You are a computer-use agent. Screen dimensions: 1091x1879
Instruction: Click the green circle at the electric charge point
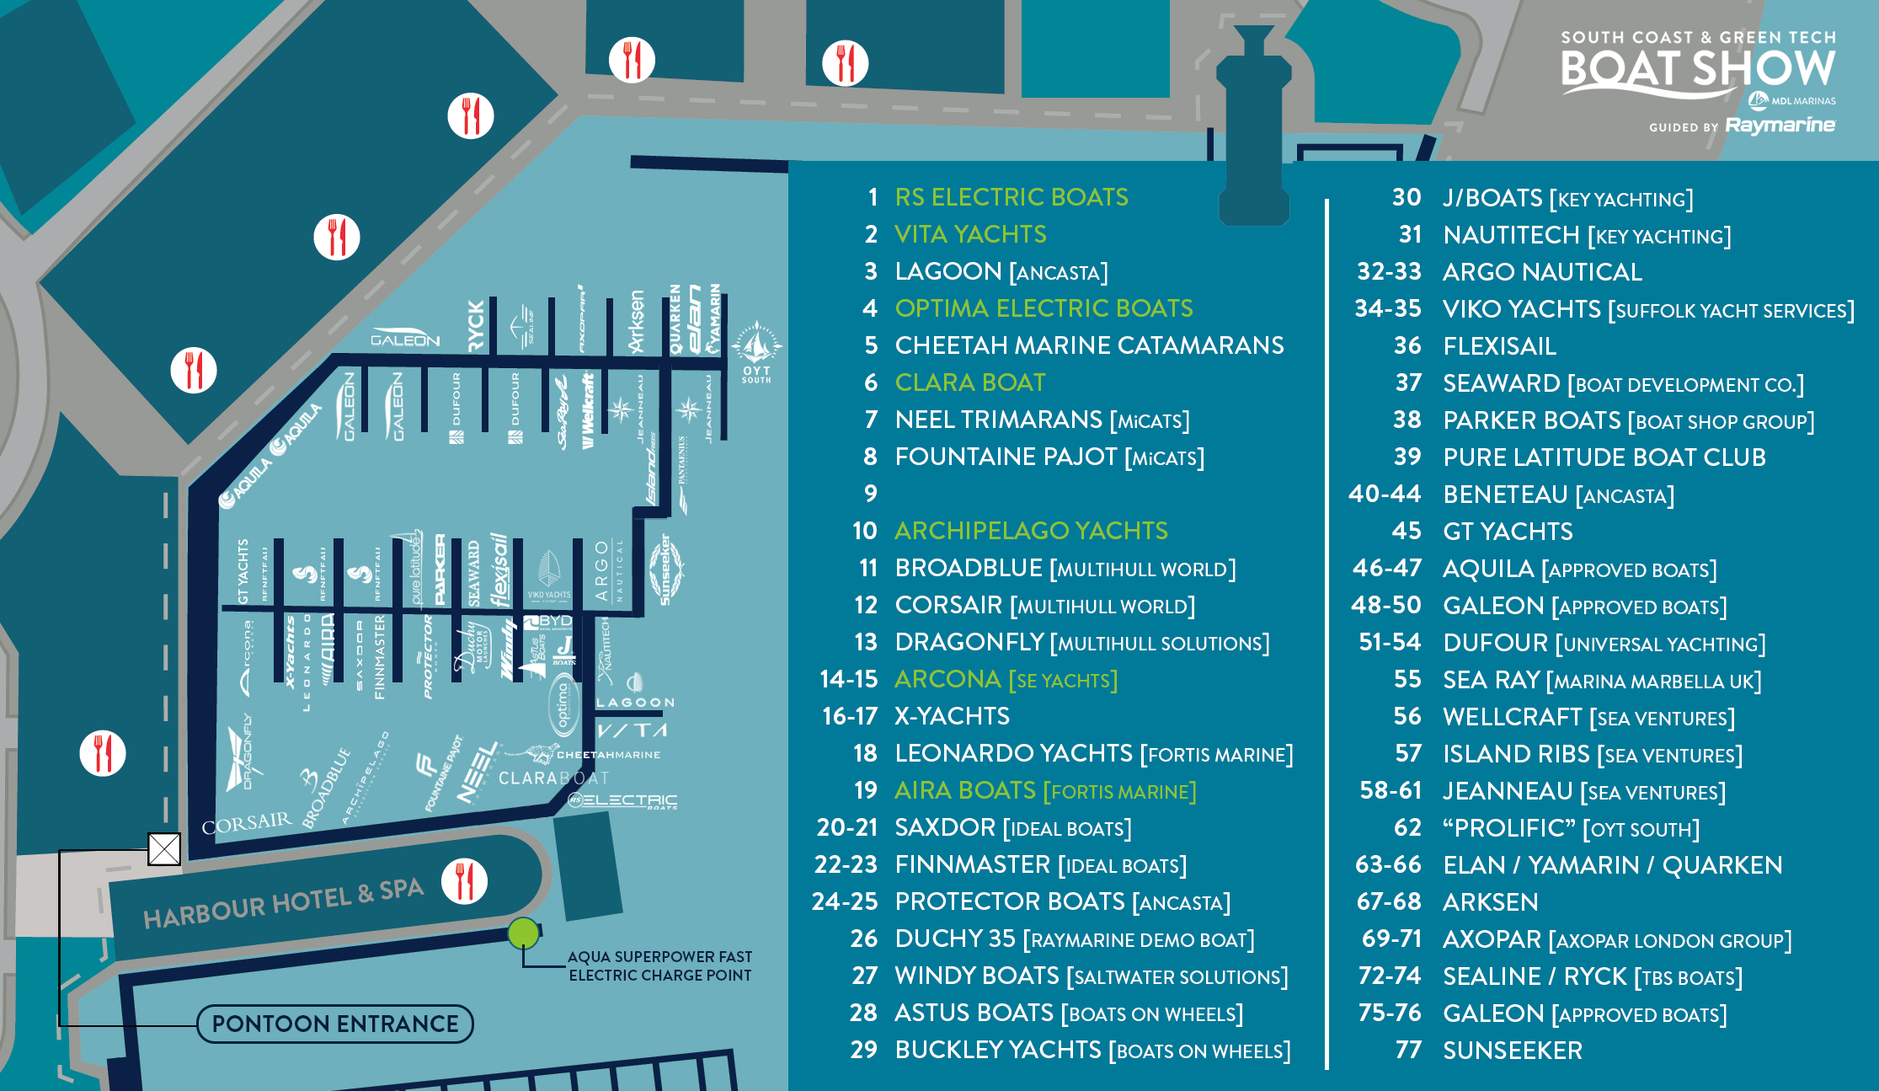pos(523,933)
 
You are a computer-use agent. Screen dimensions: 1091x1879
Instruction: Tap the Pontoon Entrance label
pos(335,1024)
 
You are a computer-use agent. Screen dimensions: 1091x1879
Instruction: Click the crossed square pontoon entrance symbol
pos(164,848)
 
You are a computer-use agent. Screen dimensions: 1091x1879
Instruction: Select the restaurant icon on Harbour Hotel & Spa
pos(464,881)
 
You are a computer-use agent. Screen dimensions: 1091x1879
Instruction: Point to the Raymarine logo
pos(1780,126)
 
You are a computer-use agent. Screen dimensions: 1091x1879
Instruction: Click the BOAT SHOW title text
pos(1697,69)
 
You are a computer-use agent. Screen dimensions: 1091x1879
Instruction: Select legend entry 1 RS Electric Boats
pos(1011,197)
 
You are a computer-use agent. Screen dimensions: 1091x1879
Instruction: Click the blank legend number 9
pos(871,493)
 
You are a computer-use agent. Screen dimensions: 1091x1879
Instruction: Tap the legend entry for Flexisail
pos(1499,346)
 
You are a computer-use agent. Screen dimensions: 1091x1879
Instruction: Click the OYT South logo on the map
pos(755,352)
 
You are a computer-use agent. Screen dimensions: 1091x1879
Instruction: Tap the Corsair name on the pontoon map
pos(247,823)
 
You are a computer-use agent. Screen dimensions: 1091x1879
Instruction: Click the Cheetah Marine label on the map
pos(608,755)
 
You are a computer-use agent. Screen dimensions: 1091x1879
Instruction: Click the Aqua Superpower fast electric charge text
pos(659,965)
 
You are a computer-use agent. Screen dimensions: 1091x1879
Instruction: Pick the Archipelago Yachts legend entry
pos(1031,531)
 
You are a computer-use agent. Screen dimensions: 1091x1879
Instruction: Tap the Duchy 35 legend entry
pos(1074,939)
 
